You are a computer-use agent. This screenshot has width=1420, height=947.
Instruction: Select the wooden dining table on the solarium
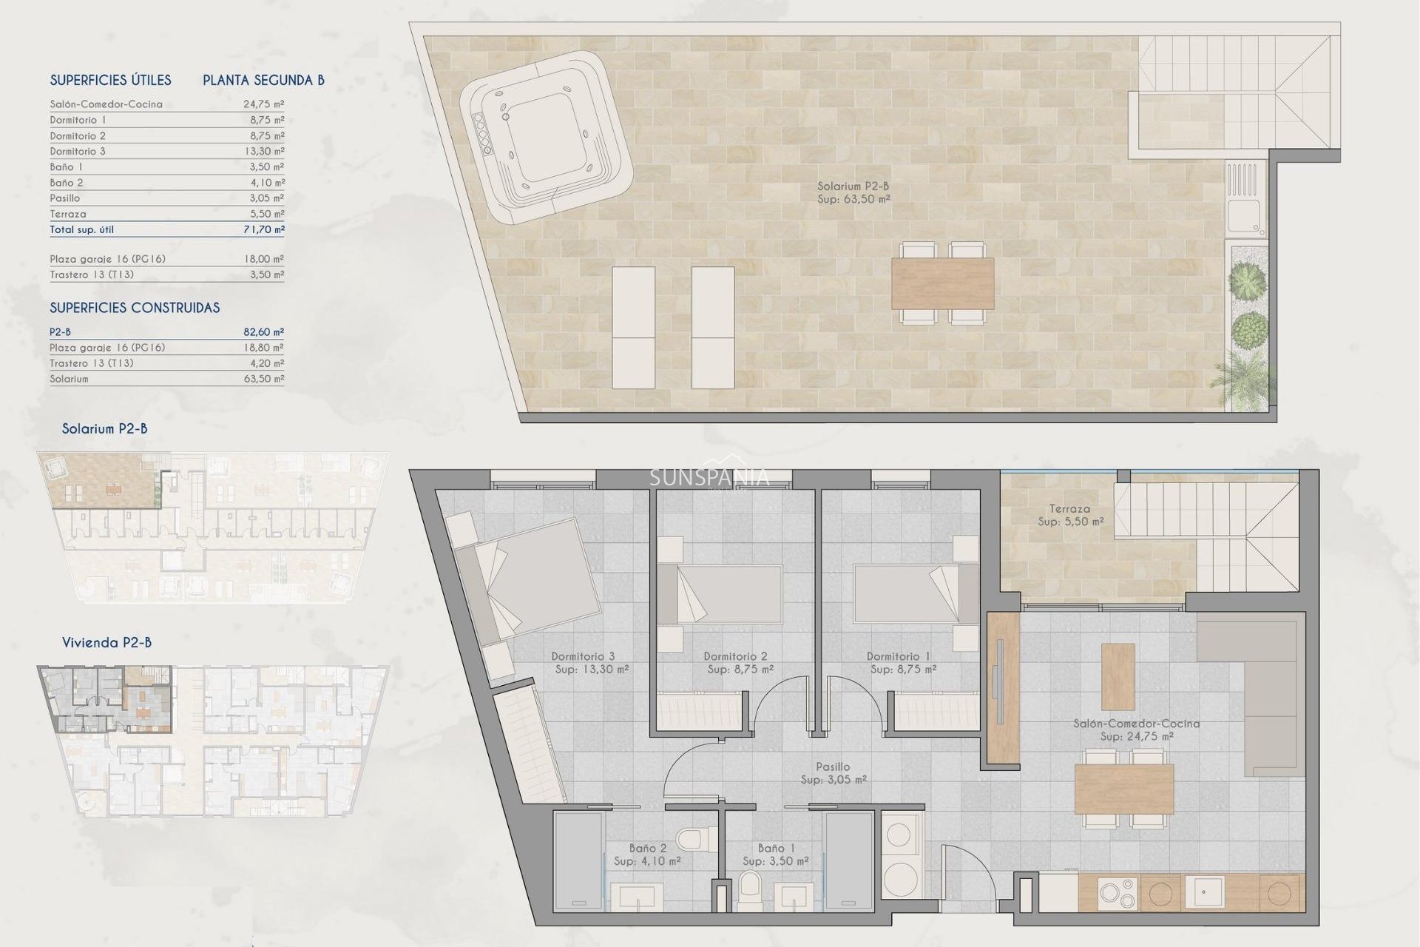click(942, 283)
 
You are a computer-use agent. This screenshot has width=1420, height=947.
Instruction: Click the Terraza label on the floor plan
click(1069, 509)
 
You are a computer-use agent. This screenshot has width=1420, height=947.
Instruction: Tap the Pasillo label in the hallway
click(833, 767)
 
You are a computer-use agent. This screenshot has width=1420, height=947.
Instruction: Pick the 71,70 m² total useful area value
click(264, 230)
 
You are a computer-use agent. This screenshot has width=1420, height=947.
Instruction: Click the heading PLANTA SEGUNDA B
click(263, 81)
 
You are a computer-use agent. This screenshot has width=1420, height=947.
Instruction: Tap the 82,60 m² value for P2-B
click(264, 332)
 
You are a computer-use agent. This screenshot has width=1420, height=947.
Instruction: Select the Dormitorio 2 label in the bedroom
click(735, 656)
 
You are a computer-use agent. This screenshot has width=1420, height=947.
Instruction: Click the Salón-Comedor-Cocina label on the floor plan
click(1136, 724)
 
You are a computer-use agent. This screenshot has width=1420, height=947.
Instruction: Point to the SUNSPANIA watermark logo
click(709, 478)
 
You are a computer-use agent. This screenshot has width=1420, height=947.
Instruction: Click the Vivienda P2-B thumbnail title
click(106, 642)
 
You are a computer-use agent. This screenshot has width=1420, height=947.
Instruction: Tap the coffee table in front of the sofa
click(1118, 676)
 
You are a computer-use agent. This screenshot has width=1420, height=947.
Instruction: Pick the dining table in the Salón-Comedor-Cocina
click(1124, 789)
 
